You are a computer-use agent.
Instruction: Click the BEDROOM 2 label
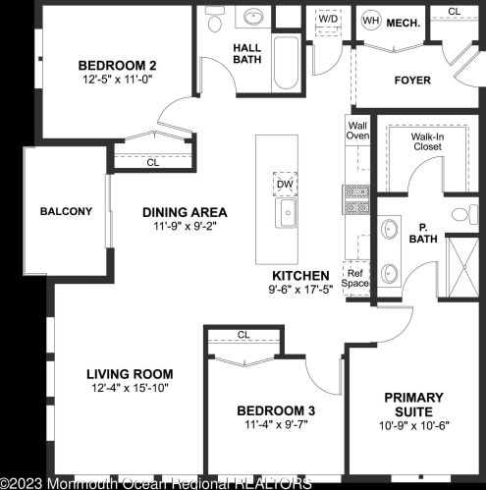tap(118, 67)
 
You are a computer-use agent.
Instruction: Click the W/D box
tap(327, 20)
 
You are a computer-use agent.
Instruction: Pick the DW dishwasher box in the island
tap(285, 184)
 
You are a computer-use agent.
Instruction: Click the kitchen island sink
tap(287, 214)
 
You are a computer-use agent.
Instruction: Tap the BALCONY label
tap(66, 211)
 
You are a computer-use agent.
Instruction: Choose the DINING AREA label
tap(185, 212)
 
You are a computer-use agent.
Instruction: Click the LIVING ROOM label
tap(130, 374)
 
